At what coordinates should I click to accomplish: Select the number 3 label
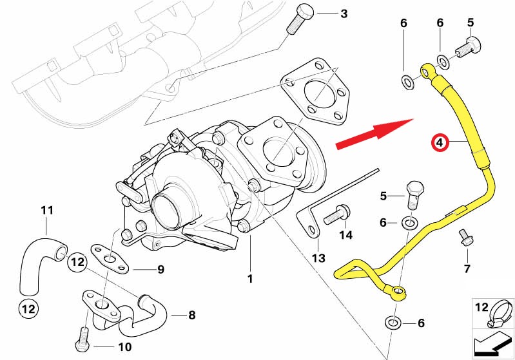(344, 14)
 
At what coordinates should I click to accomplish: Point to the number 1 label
(250, 279)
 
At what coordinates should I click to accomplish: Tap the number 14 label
(346, 236)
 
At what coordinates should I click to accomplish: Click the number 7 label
(467, 269)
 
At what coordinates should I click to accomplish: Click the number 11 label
(46, 210)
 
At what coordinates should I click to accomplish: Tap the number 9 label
(161, 269)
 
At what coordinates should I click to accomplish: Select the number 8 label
(191, 316)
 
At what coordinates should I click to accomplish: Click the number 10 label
(124, 346)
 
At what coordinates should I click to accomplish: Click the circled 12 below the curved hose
(28, 308)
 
